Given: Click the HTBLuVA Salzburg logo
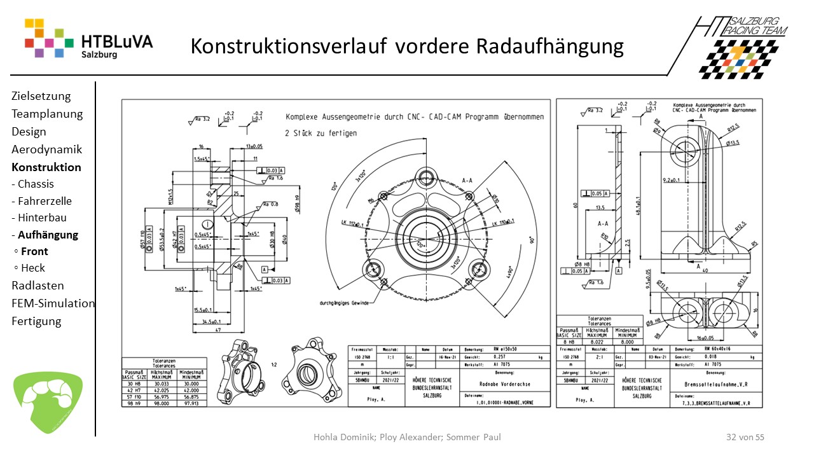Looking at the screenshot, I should [x=88, y=39].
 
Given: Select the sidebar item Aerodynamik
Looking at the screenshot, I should [x=46, y=149].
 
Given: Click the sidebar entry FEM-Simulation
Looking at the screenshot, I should [x=53, y=303].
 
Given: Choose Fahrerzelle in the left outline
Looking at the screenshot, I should [x=45, y=201].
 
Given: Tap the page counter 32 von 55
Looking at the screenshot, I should [x=745, y=437].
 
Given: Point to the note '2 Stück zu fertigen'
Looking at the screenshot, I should [x=321, y=133].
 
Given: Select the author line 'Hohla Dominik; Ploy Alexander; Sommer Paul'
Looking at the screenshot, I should [x=407, y=437].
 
